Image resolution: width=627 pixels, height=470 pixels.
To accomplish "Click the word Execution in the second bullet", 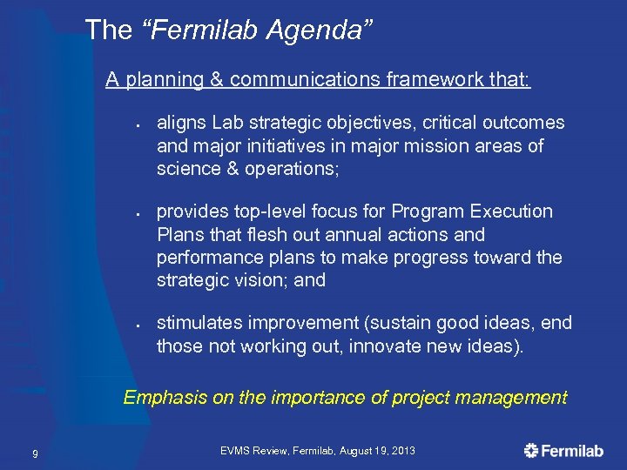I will tap(510, 211).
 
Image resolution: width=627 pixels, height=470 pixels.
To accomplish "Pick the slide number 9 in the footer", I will tap(34, 452).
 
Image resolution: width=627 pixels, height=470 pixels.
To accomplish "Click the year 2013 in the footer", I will tap(401, 451).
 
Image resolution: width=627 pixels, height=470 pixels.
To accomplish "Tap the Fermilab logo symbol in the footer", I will tap(531, 450).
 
